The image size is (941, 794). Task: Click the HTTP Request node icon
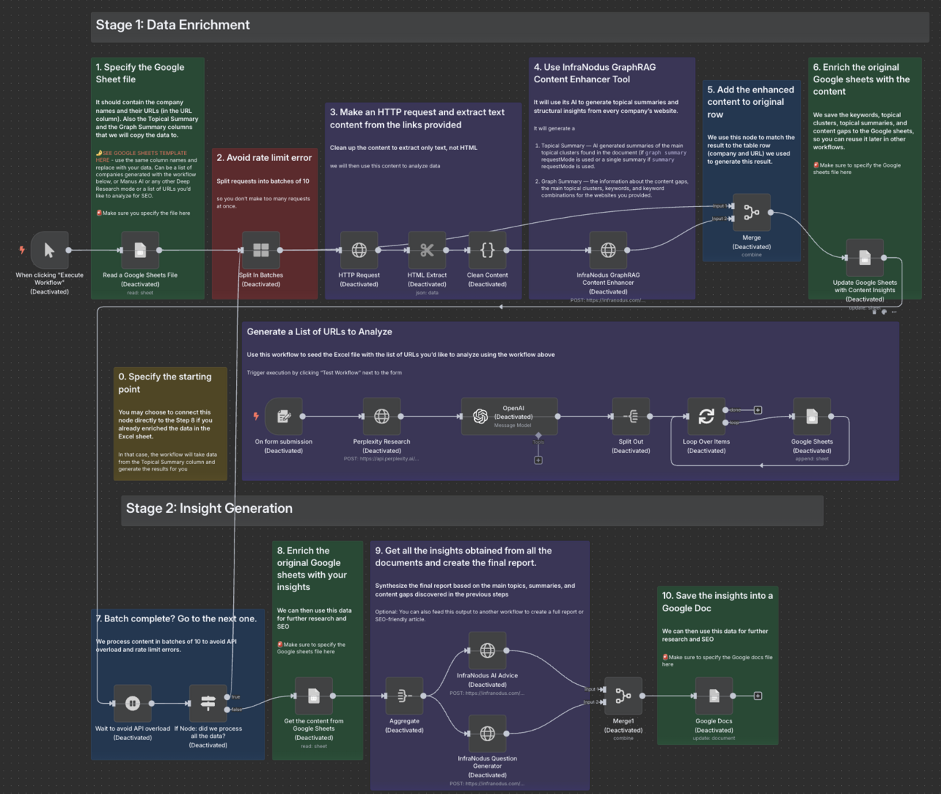(x=359, y=250)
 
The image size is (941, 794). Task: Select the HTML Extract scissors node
(x=427, y=250)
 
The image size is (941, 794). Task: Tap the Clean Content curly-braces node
(x=487, y=250)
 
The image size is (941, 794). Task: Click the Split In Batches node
(x=261, y=250)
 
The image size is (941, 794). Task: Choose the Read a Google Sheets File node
(x=140, y=250)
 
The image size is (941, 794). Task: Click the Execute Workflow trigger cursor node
(x=50, y=250)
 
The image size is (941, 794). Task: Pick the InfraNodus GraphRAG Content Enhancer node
(x=608, y=250)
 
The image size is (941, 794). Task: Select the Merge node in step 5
(x=751, y=212)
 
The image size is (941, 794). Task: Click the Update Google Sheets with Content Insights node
(x=865, y=257)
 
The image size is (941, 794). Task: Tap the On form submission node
(x=283, y=416)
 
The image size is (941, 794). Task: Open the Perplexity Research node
(x=382, y=416)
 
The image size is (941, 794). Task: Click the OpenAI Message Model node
(x=509, y=416)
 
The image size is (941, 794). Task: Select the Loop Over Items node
(x=706, y=416)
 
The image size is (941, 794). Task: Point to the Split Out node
(x=631, y=416)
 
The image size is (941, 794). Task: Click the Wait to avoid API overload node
(x=133, y=703)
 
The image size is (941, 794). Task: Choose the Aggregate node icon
(x=404, y=696)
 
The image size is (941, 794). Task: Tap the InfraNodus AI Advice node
(x=487, y=650)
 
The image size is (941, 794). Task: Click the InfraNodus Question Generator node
(x=487, y=733)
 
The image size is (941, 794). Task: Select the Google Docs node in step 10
(x=714, y=696)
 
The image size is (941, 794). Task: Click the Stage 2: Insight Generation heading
(x=209, y=508)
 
